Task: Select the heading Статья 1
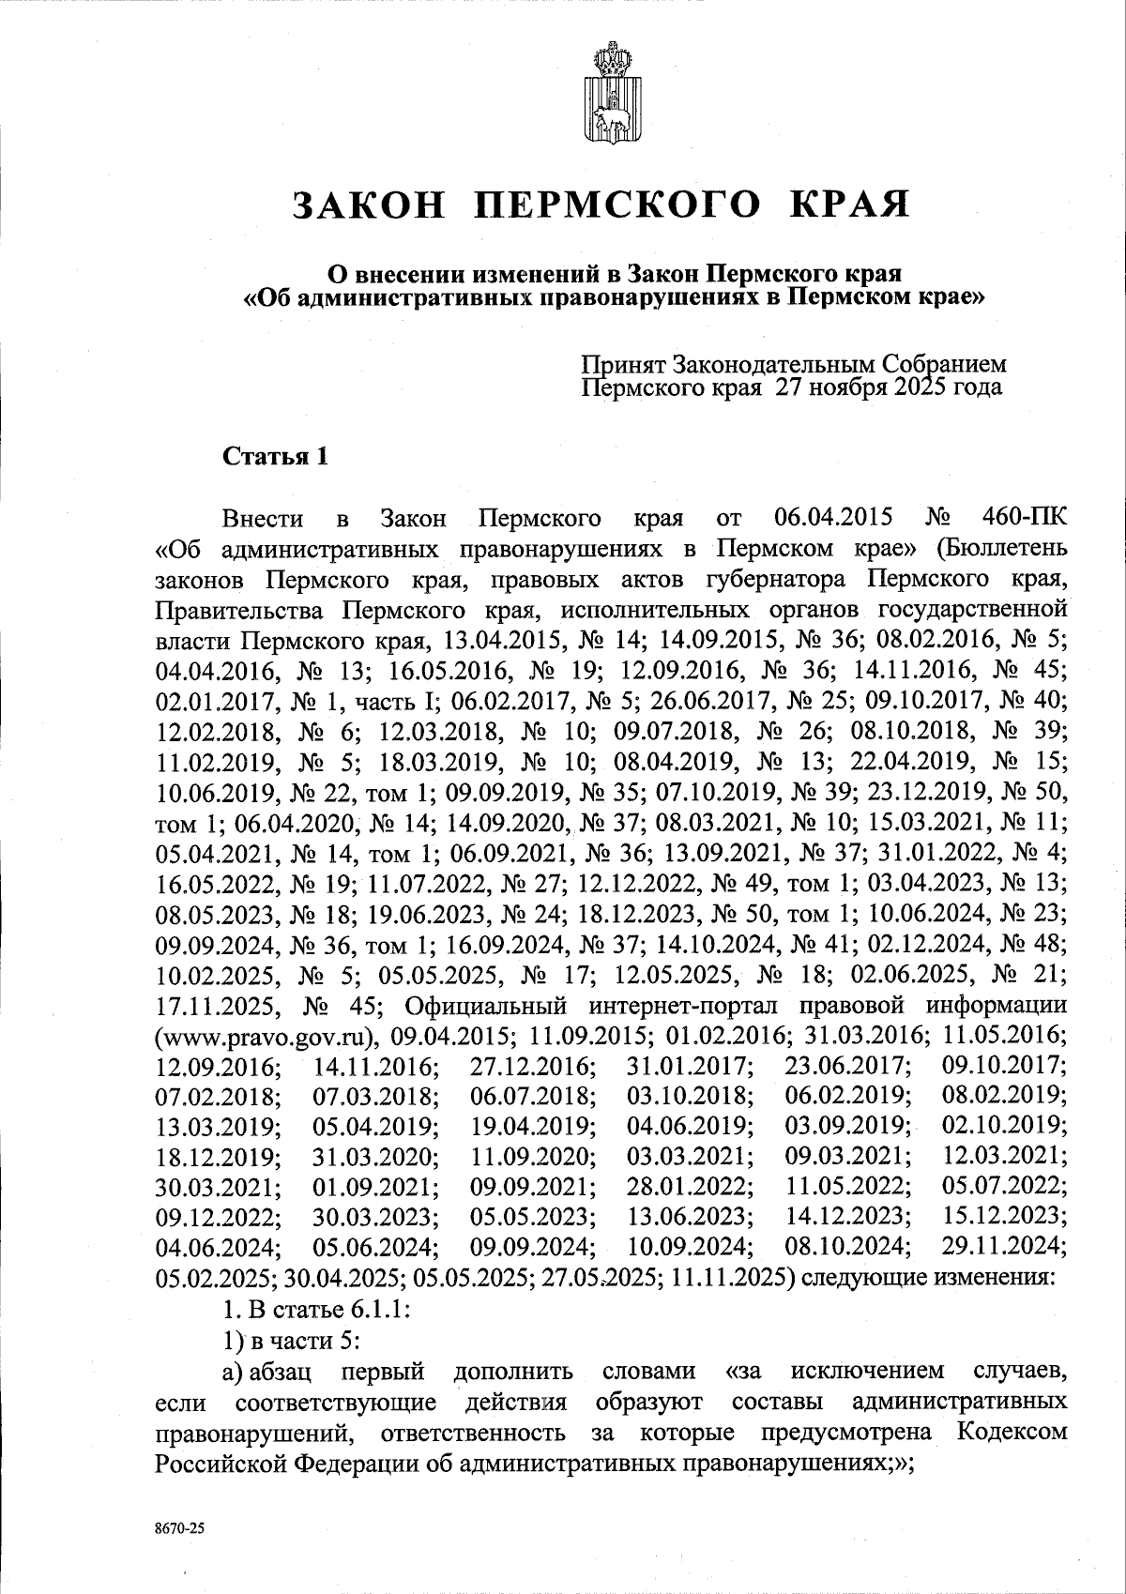275,457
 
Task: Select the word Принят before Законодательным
623,364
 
